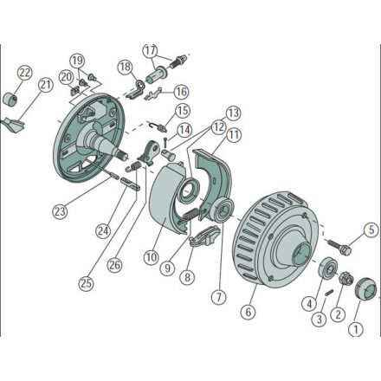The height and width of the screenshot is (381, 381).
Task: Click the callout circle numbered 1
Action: tap(356, 329)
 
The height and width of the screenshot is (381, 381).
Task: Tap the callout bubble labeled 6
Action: tap(249, 312)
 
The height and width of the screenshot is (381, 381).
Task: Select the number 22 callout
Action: tap(25, 73)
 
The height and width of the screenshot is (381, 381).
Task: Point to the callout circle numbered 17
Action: tap(151, 51)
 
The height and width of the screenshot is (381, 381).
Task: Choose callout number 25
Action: tap(87, 284)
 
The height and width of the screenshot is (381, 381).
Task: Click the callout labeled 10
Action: tap(152, 258)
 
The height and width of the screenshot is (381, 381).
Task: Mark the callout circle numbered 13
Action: tap(233, 113)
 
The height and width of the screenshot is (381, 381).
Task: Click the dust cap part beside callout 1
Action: tap(366, 287)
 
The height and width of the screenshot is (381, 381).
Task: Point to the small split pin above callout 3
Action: tap(329, 293)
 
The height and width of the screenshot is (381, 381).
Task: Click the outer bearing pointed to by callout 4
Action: tap(326, 268)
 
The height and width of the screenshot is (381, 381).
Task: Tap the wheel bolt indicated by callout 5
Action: tap(339, 246)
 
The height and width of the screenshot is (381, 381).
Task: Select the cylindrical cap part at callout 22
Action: tap(10, 99)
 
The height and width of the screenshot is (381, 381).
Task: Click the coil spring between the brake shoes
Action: tap(191, 216)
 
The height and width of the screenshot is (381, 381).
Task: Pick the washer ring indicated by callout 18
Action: tap(141, 85)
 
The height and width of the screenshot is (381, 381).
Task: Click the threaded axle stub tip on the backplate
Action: tap(122, 156)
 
